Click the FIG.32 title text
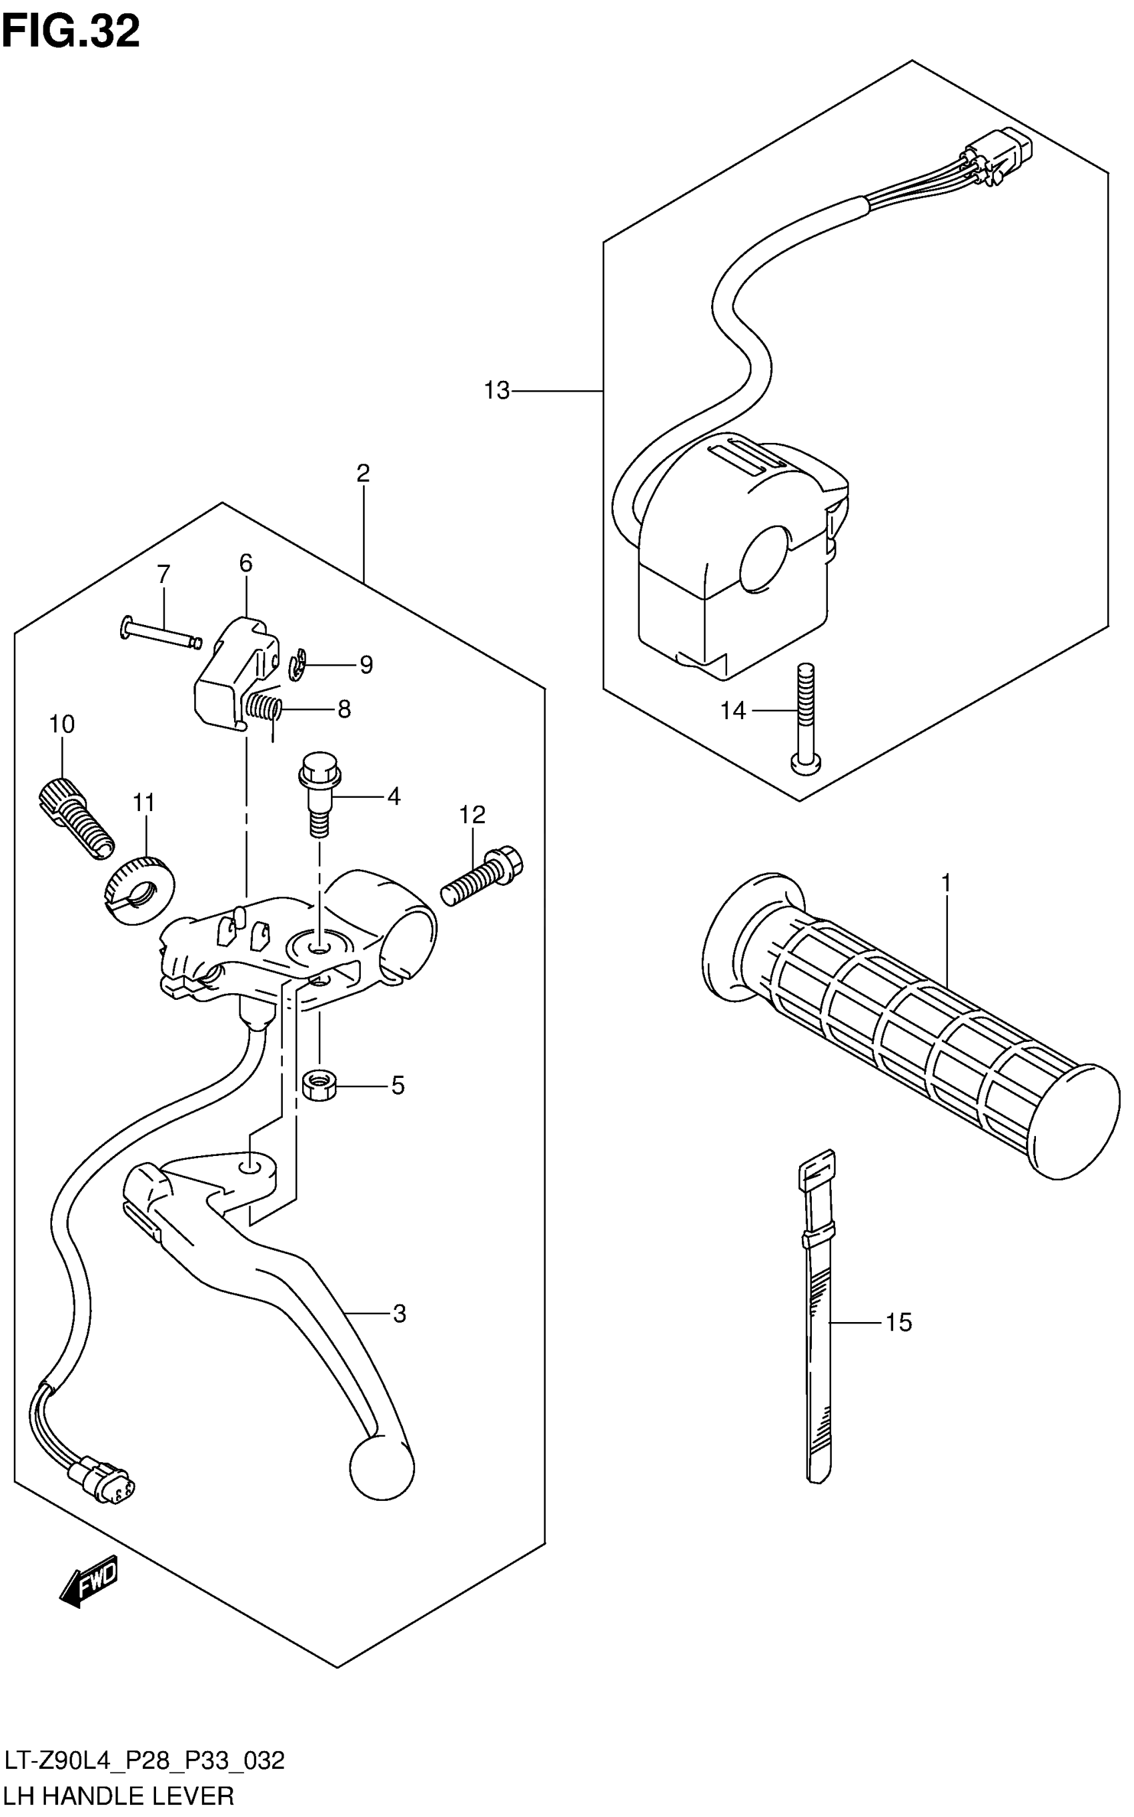coord(71,31)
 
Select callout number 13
coord(496,391)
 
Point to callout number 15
coord(899,1322)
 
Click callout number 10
coord(62,724)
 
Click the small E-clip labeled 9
coord(298,665)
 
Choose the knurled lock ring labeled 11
coord(137,892)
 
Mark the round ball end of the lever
coord(382,1466)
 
